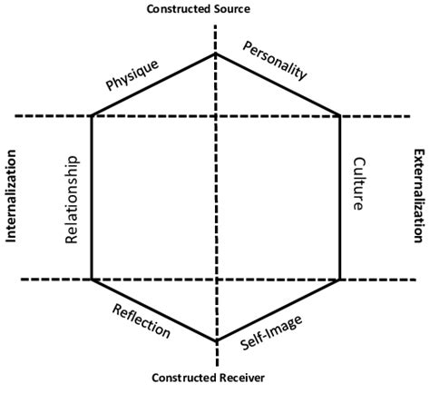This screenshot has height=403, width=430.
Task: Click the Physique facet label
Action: (132, 75)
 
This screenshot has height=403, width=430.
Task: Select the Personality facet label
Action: (278, 62)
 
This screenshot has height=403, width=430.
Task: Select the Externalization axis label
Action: (418, 195)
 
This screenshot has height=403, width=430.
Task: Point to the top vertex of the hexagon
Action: (215, 54)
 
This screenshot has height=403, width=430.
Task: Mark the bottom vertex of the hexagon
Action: (216, 341)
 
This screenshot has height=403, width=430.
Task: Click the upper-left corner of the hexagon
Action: (92, 116)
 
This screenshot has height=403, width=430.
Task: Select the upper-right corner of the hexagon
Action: (339, 116)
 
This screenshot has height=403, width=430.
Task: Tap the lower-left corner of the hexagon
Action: (92, 279)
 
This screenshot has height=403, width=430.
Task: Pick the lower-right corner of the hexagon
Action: (339, 279)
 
